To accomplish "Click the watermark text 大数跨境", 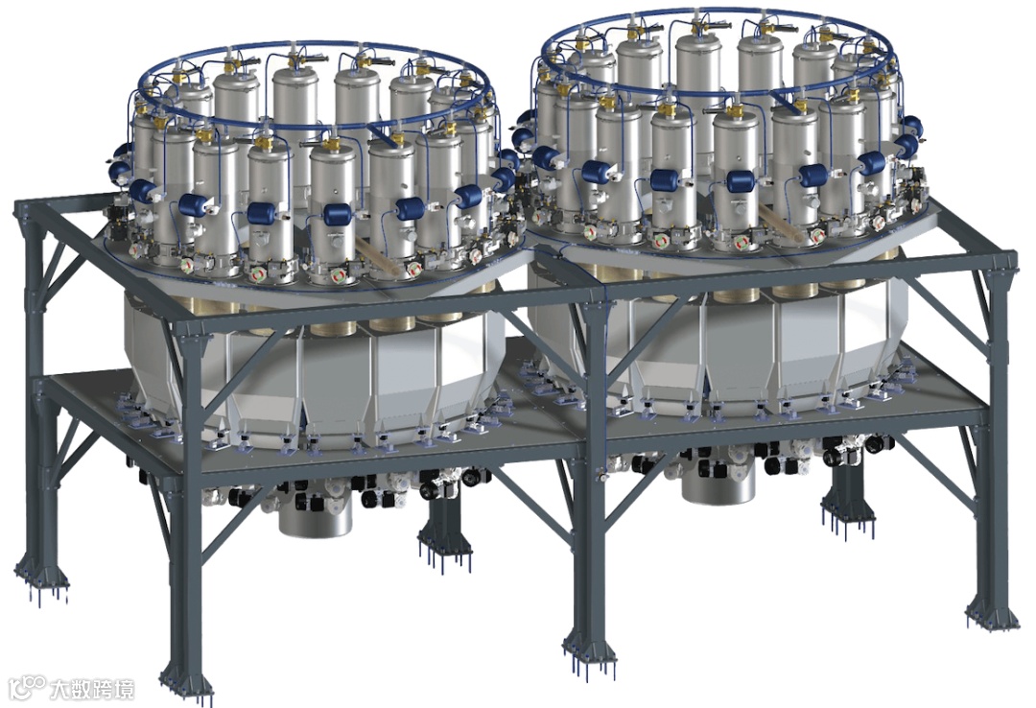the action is pos(93,689).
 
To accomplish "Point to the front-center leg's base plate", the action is pos(589,647).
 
